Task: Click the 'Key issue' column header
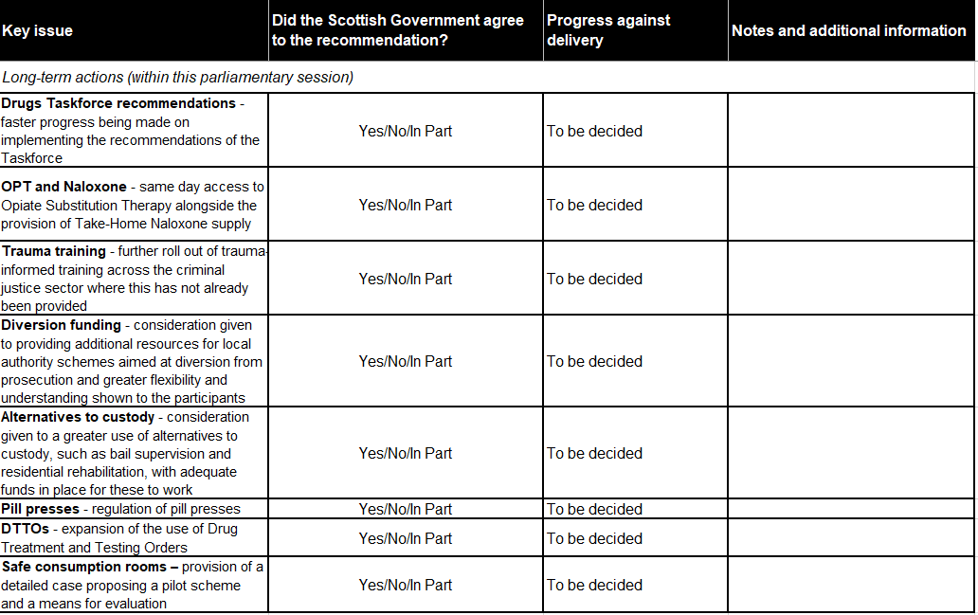tap(37, 31)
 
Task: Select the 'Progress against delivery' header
tap(607, 30)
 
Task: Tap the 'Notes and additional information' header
tap(848, 31)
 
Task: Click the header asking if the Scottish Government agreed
tap(397, 30)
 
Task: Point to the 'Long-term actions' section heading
tap(177, 78)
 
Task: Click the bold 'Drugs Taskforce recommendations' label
tap(118, 103)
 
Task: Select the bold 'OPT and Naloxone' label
tap(63, 187)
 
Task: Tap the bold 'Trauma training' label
tap(54, 251)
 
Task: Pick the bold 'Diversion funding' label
tap(62, 325)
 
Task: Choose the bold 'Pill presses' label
tap(40, 509)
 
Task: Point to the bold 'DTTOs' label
tap(25, 529)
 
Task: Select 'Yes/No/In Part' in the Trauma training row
tap(406, 279)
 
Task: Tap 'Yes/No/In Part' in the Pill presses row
tap(406, 509)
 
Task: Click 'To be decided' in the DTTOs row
tap(594, 538)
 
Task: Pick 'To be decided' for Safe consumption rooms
tap(594, 585)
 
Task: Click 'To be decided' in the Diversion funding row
tap(594, 361)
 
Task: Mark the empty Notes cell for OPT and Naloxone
tap(851, 205)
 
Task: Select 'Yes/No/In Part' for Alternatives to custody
tap(406, 453)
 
